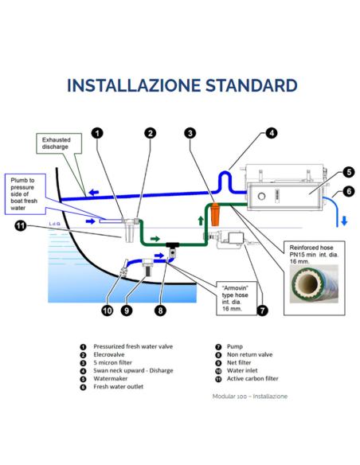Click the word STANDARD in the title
pos(252,85)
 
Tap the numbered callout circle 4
pos(272,133)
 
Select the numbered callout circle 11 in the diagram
pos(20,226)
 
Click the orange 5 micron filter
pos(215,214)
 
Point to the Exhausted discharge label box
pos(59,143)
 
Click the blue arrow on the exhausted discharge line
pos(94,193)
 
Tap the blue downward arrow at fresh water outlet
pos(344,221)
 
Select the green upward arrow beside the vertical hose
pos(201,221)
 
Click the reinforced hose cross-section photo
pos(314,283)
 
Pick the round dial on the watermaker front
pos(261,196)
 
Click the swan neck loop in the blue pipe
pos(225,178)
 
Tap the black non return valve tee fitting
pos(172,248)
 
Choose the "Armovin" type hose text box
pos(237,298)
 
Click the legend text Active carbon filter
pos(252,379)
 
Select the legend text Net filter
pos(239,362)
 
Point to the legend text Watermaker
pos(111,379)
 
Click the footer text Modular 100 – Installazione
pos(250,397)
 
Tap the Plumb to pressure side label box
pos(25,194)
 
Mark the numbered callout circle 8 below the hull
pos(160,311)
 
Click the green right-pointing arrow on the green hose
pos(155,239)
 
